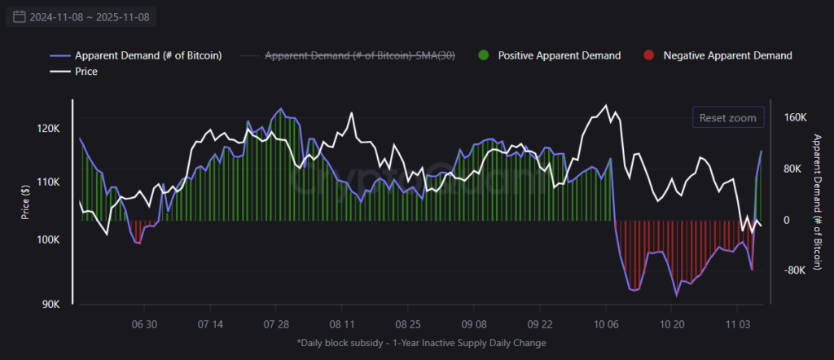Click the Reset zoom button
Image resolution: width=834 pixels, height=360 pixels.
[x=728, y=118]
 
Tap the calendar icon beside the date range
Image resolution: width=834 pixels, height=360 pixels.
[x=19, y=16]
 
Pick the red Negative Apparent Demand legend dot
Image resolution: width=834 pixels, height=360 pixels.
[x=648, y=55]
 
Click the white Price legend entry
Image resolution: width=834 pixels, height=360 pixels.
[x=87, y=72]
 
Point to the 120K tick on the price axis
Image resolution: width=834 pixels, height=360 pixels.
[x=48, y=129]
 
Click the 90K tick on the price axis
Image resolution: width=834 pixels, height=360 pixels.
[x=50, y=305]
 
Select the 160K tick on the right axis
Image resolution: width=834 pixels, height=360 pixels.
[x=794, y=117]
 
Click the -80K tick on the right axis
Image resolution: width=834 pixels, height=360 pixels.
[x=794, y=271]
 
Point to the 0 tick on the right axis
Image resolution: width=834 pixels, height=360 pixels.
[x=786, y=220]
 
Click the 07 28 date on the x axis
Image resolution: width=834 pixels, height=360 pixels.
[x=276, y=323]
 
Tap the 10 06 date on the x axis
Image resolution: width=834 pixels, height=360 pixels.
[x=605, y=323]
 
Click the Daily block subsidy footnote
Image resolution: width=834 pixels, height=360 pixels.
[x=421, y=343]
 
